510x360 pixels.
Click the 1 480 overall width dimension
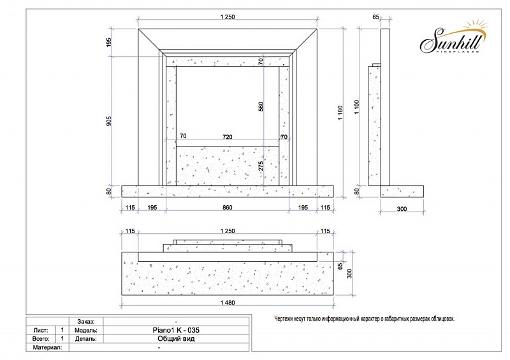228,303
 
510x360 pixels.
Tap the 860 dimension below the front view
228,208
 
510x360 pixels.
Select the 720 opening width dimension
228,137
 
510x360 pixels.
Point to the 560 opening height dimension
261,106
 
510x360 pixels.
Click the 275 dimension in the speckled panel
261,166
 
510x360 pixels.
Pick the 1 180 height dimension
340,113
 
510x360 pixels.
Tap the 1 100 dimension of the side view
357,107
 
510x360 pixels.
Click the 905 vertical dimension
109,121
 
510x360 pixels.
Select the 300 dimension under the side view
402,209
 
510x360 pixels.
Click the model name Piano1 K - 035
176,330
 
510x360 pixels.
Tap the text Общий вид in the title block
176,339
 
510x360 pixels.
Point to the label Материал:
47,348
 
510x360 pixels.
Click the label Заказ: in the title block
86,322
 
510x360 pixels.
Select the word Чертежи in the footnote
284,319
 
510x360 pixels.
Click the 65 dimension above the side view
375,17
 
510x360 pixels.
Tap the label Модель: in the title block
86,331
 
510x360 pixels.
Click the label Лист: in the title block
41,331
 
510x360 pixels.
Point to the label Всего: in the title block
41,339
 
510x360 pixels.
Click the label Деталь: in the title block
86,339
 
